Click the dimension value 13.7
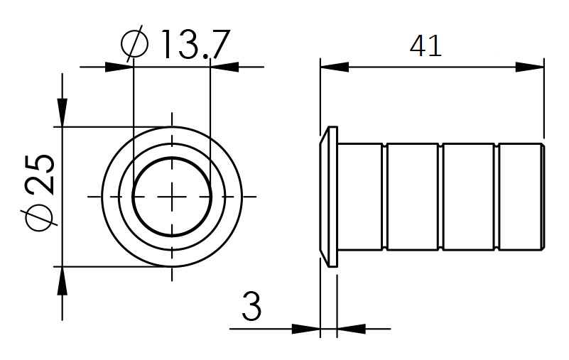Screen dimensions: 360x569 (x=191, y=44)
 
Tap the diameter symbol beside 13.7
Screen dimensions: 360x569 (x=134, y=44)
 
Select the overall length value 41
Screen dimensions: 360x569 (x=426, y=46)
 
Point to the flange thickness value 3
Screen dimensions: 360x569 (x=251, y=307)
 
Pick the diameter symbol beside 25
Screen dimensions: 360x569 (x=40, y=217)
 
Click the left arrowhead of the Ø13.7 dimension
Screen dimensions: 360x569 (x=119, y=67)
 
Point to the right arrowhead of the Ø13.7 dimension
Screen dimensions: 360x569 (x=226, y=67)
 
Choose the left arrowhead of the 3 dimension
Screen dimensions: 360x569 (x=305, y=329)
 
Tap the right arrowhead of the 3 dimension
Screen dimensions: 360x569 (x=352, y=329)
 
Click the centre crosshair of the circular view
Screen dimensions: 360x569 (x=171, y=196)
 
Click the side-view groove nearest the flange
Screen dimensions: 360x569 (x=385, y=196)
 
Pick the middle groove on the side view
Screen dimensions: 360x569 (x=441, y=196)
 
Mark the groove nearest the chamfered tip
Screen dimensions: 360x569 (x=497, y=196)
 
